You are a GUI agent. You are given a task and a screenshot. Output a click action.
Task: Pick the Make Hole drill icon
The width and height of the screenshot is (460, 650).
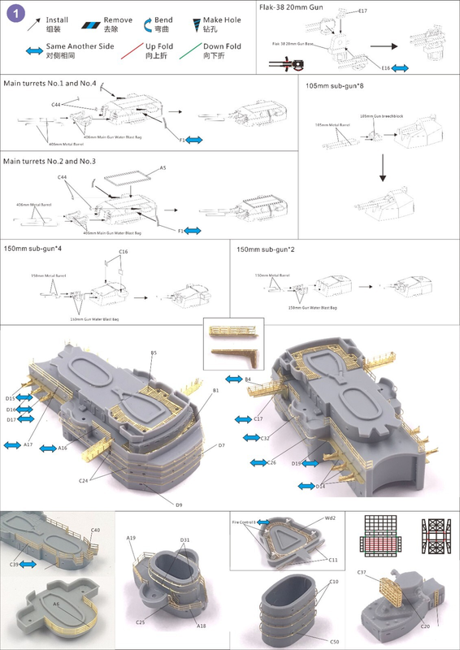point(215,23)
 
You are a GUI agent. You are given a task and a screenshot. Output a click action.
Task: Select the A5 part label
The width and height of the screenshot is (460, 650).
point(163,167)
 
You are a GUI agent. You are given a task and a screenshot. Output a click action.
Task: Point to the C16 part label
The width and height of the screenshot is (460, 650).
point(124,252)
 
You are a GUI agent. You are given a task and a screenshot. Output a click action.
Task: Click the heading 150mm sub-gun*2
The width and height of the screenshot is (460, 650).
point(265,247)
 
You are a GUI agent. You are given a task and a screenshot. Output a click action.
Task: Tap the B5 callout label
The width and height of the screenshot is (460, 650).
point(154,352)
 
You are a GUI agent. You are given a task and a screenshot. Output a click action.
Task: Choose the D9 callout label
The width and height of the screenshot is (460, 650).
point(179,505)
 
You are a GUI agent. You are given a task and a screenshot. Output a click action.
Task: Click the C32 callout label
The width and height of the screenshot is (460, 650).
point(265,438)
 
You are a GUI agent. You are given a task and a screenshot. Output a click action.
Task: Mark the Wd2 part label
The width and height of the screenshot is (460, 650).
point(331,517)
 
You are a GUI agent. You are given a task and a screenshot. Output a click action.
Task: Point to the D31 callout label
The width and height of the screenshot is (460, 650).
point(185,540)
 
